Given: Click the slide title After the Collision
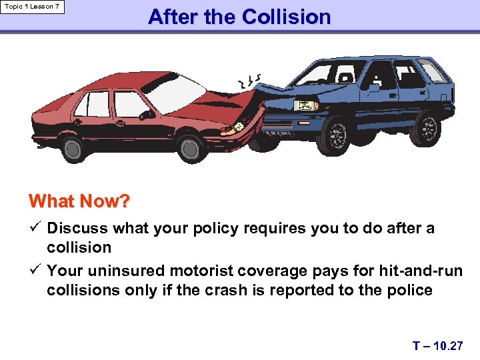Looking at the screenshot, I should [239, 17].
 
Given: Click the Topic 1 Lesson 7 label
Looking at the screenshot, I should [33, 7].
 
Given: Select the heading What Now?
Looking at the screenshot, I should [79, 201].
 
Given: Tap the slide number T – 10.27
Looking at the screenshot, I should [437, 345].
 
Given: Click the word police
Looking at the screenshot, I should [409, 290].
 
